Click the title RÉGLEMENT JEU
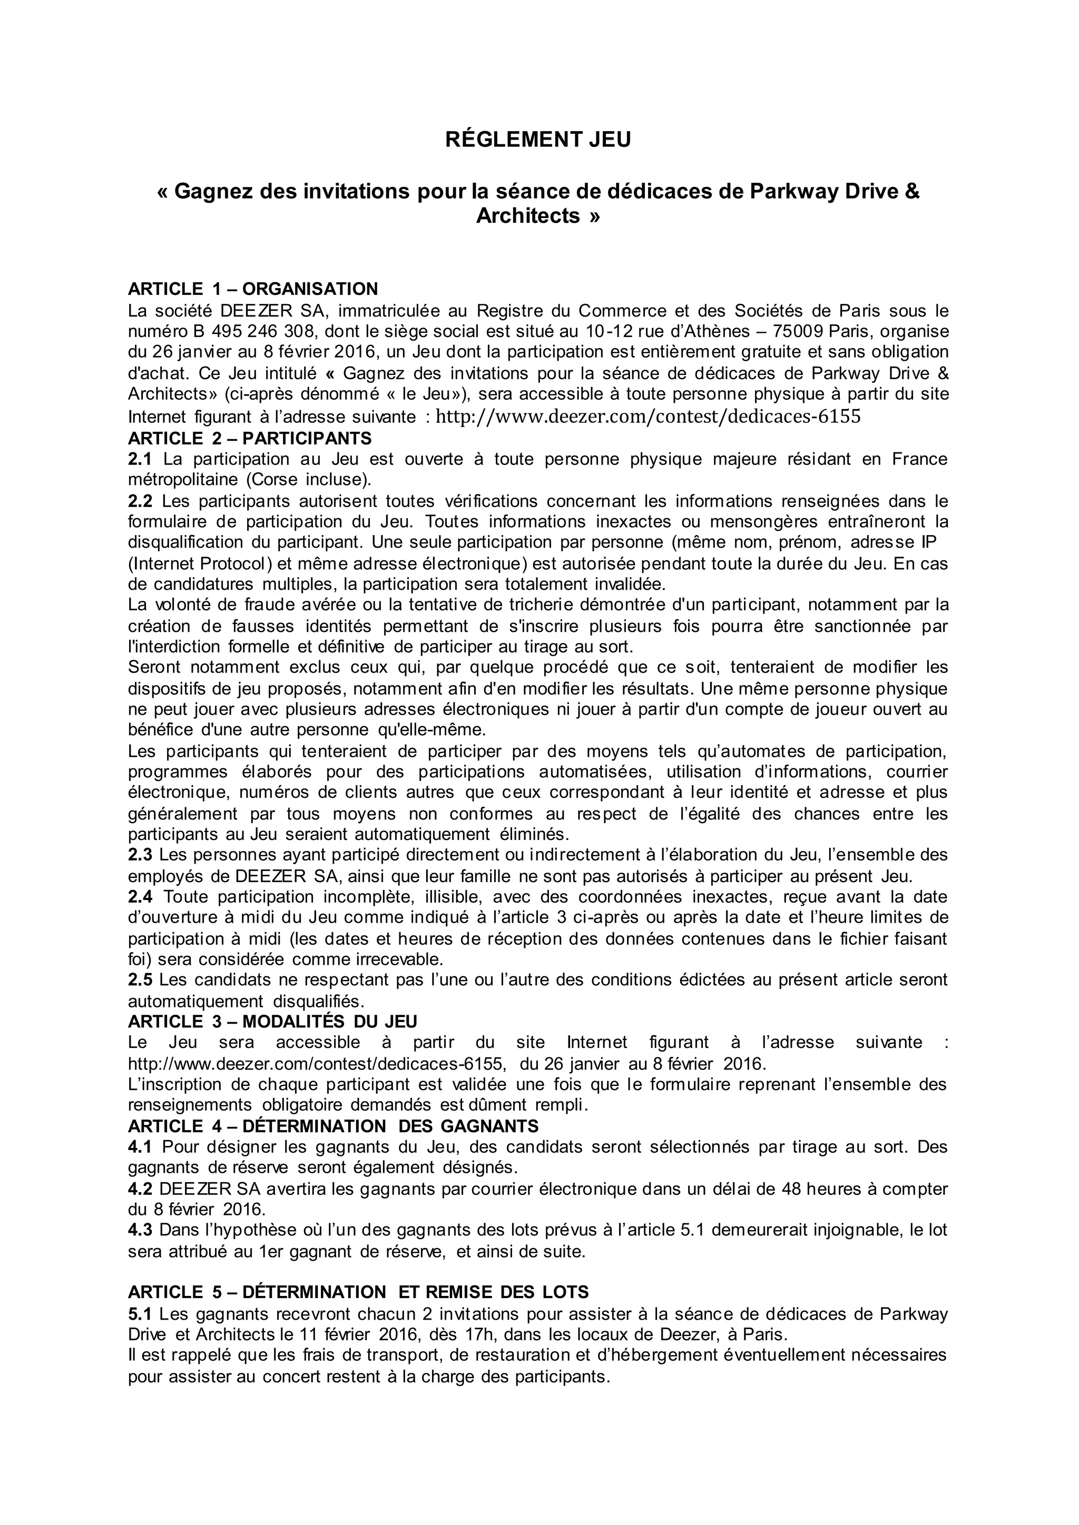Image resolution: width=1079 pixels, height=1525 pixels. (538, 140)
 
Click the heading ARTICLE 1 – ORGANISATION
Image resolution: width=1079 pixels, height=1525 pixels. (252, 289)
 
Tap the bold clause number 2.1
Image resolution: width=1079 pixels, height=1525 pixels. (140, 459)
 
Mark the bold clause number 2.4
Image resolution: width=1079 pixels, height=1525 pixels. (140, 897)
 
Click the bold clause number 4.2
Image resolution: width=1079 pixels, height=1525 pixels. (140, 1189)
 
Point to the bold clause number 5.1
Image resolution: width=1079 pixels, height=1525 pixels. (140, 1314)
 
